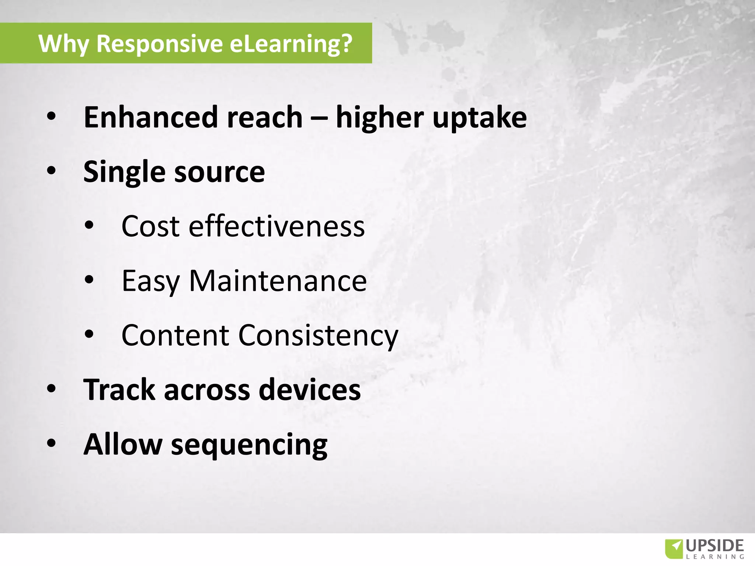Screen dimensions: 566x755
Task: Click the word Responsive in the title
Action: pyautogui.click(x=159, y=43)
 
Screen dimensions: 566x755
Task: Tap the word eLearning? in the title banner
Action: pyautogui.click(x=291, y=43)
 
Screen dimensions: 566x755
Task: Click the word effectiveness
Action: pyautogui.click(x=276, y=226)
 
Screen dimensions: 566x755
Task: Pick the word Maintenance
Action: pyautogui.click(x=278, y=281)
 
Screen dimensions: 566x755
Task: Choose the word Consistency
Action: pyautogui.click(x=318, y=335)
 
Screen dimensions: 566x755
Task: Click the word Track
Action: pyautogui.click(x=119, y=389)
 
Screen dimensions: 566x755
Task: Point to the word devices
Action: pyautogui.click(x=310, y=389)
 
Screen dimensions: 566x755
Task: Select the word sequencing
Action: pyautogui.click(x=249, y=445)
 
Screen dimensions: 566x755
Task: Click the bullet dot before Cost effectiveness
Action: pyautogui.click(x=89, y=226)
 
